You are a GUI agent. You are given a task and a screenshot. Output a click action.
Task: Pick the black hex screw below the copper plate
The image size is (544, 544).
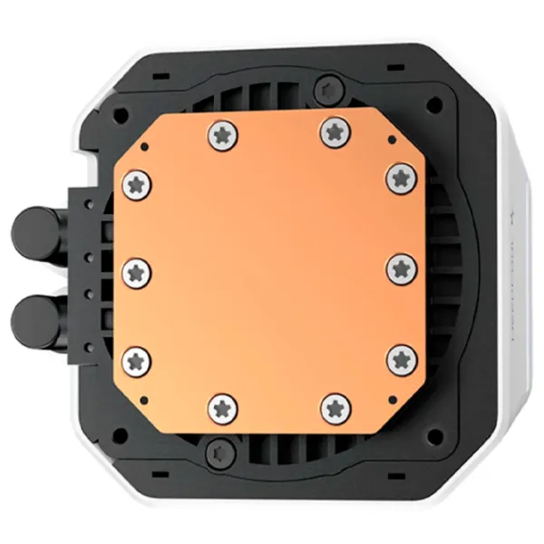coord(217,451)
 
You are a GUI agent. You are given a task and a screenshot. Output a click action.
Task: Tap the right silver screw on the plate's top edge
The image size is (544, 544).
coord(335,132)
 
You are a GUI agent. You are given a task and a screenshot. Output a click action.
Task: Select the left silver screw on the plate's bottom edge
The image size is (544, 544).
coord(222,407)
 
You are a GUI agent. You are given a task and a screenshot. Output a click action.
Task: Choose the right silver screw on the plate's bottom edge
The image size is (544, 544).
coord(335,407)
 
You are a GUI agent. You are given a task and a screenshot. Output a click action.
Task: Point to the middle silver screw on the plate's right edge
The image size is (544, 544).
coord(400,269)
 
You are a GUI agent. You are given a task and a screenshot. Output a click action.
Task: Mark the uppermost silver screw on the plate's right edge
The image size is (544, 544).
coord(400,178)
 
